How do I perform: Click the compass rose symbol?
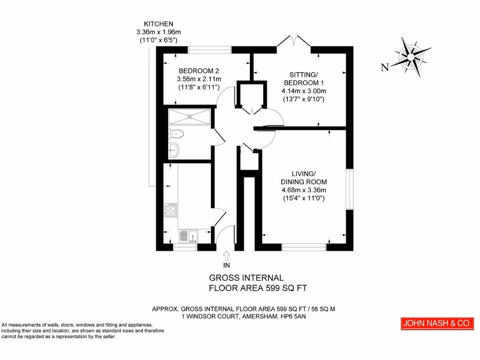point(411,57)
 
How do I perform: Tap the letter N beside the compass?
point(385,67)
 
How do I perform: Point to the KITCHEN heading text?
point(158,23)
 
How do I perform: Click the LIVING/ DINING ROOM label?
point(303,178)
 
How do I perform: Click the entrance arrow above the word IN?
point(227,255)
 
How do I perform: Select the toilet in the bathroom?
point(176,134)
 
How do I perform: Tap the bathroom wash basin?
point(174,150)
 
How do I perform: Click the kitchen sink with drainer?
point(188,236)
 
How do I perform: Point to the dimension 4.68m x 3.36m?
point(303,190)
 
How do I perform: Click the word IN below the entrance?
point(227,265)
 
